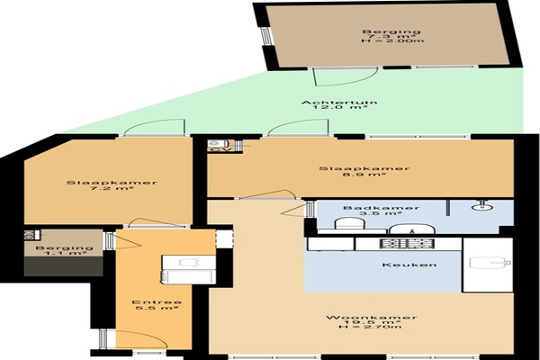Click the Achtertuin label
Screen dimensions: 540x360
pyautogui.click(x=339, y=103)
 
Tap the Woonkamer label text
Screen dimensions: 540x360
pyautogui.click(x=372, y=318)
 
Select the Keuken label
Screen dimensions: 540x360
pyautogui.click(x=409, y=265)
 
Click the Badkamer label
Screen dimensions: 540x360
pyautogui.click(x=382, y=208)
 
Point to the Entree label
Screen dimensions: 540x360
pyautogui.click(x=157, y=302)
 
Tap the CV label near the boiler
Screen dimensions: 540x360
pyautogui.click(x=217, y=149)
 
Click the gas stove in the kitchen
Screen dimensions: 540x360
pyautogui.click(x=407, y=244)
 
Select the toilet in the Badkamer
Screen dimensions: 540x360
pyautogui.click(x=349, y=224)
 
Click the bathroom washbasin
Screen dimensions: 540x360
pyautogui.click(x=412, y=229)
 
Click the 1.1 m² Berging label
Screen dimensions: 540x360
pyautogui.click(x=65, y=250)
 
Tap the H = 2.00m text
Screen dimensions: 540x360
pyautogui.click(x=392, y=41)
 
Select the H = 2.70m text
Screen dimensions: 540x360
pyautogui.click(x=371, y=326)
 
